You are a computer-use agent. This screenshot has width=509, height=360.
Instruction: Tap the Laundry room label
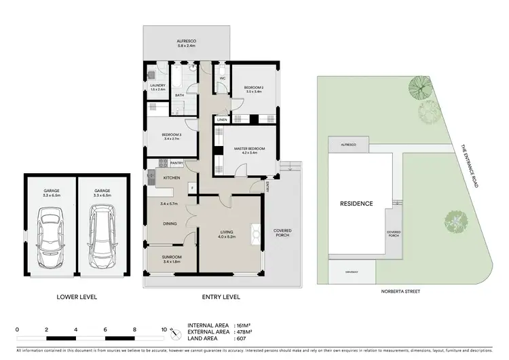[x=157, y=86]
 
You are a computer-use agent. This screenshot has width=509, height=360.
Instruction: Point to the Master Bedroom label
[x=248, y=149]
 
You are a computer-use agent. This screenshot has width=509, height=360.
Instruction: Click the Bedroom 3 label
[x=170, y=135]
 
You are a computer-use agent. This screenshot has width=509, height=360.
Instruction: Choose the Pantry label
[x=176, y=163]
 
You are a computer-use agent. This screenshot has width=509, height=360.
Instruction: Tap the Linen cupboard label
[x=221, y=120]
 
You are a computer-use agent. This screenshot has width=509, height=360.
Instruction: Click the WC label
[x=222, y=79]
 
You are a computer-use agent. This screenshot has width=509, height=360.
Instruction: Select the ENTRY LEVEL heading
[x=221, y=297]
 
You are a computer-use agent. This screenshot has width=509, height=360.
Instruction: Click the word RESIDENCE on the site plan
[x=356, y=203]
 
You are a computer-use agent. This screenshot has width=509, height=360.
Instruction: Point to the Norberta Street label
[x=402, y=291]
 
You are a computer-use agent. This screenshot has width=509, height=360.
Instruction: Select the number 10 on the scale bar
[x=164, y=329]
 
